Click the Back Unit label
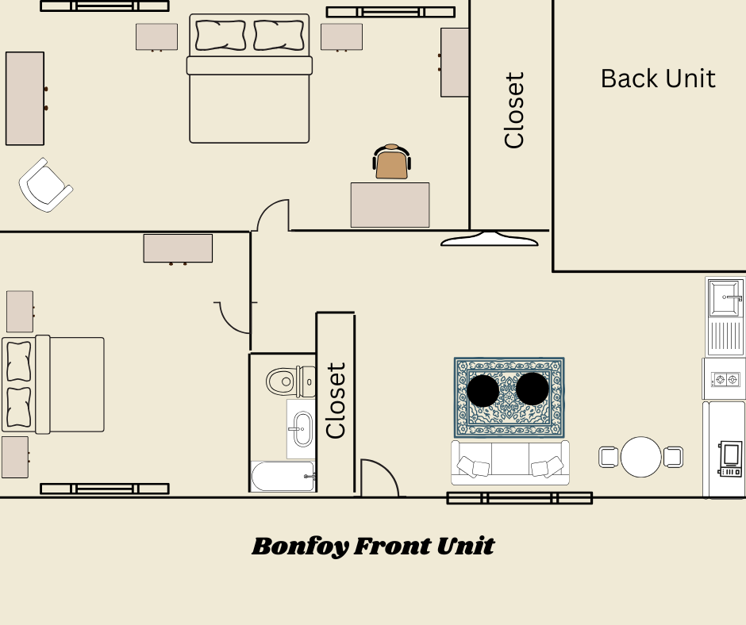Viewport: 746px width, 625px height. tap(657, 79)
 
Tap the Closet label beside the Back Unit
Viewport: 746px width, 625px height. tap(514, 110)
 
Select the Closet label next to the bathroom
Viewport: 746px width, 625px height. tap(336, 401)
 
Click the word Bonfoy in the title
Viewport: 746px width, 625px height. tap(299, 546)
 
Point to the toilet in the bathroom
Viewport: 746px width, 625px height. tap(286, 382)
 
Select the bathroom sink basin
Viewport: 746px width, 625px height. tap(301, 429)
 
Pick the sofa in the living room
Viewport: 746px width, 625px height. tap(510, 462)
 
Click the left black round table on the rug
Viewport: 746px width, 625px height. tap(483, 390)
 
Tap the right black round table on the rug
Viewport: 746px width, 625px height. tap(533, 389)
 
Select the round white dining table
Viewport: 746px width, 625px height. tap(640, 457)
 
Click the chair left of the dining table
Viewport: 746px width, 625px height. tap(608, 457)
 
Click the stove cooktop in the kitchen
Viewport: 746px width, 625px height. tap(725, 380)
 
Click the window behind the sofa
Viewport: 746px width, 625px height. tap(519, 498)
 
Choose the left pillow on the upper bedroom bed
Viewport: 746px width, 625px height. tap(220, 35)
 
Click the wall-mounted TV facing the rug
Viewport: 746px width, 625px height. tap(495, 238)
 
